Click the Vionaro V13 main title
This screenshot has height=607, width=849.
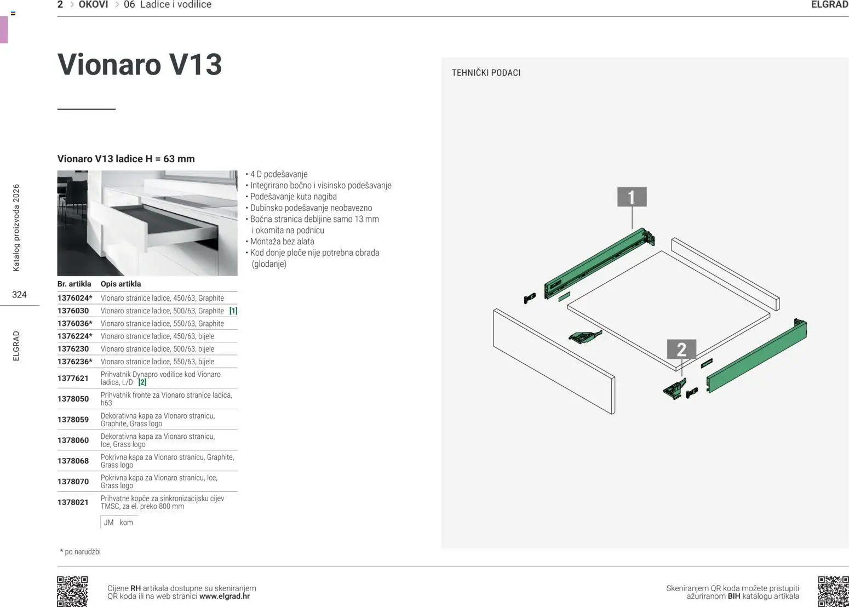[140, 65]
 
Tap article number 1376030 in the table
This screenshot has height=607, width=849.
[73, 311]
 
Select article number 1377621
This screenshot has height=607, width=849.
[73, 379]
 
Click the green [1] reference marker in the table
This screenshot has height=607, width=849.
[233, 311]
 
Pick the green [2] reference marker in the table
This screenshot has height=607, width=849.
[142, 382]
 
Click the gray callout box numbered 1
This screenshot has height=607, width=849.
[632, 197]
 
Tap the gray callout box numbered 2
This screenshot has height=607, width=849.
[681, 349]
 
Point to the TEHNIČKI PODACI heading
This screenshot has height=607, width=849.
[486, 73]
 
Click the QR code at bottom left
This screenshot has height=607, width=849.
[72, 591]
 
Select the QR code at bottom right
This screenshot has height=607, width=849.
[833, 591]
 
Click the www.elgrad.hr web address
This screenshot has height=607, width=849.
[225, 596]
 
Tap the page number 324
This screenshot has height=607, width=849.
[19, 295]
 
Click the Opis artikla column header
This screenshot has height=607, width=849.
[121, 284]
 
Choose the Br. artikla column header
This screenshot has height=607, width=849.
[74, 284]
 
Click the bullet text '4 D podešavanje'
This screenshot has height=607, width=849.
[279, 174]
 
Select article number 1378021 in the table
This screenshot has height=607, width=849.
[73, 502]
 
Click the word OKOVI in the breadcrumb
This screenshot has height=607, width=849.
[93, 5]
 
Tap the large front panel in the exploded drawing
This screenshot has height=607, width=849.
[553, 362]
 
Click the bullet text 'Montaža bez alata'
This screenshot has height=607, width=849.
[282, 242]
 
